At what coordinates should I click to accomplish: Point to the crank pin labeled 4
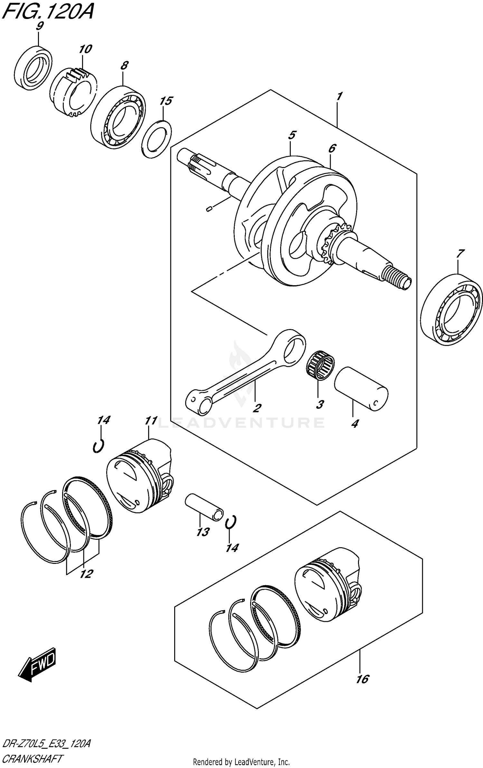361,389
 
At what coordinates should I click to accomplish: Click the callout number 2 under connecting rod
257,408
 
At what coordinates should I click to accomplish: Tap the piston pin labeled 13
204,511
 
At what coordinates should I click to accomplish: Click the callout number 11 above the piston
151,421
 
